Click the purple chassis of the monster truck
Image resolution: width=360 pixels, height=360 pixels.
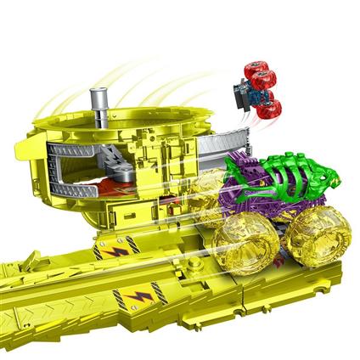(x=255, y=200)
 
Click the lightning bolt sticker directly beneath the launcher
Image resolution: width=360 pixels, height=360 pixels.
(x=115, y=252)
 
